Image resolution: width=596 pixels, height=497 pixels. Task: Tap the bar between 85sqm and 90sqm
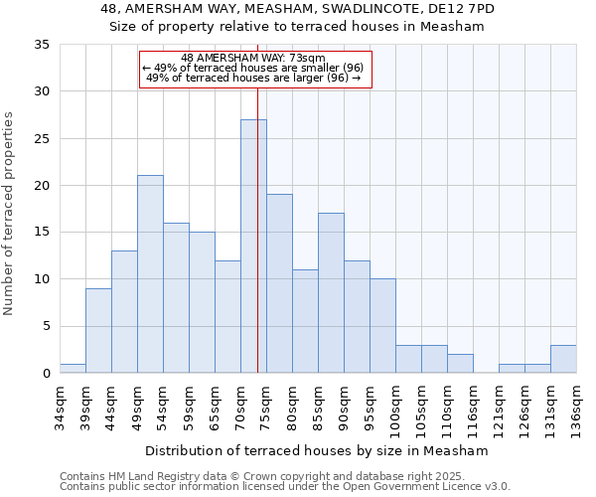(331, 293)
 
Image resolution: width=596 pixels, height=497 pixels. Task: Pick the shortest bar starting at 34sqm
(73, 368)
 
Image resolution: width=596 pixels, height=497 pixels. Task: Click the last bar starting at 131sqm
(563, 359)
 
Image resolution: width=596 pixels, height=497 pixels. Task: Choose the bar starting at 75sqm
(279, 283)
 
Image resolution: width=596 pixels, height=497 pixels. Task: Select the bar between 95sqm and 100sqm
(382, 326)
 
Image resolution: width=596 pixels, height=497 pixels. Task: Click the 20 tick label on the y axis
(42, 186)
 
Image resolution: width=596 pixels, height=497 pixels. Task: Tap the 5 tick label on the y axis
(46, 327)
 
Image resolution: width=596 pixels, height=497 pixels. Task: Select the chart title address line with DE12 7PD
(298, 9)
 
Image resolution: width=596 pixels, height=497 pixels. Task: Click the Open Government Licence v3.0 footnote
(285, 487)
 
